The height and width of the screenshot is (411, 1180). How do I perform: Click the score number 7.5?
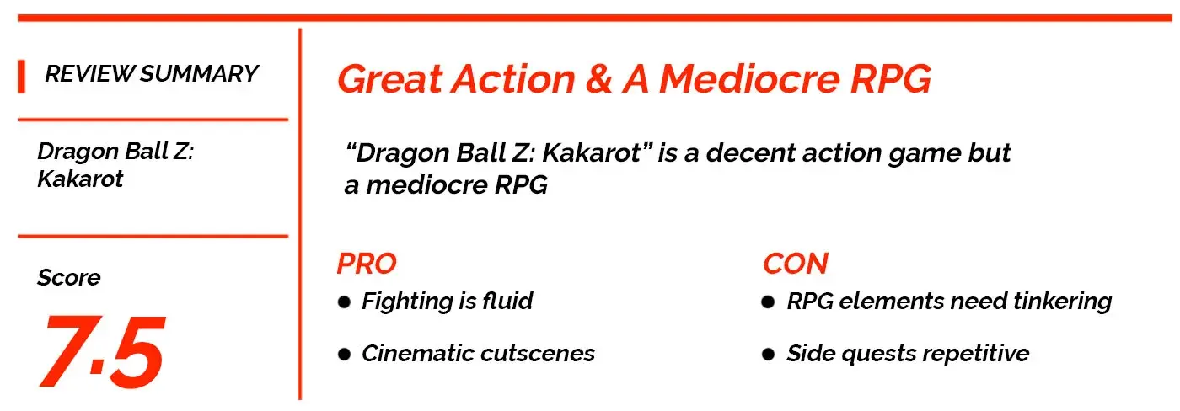click(x=103, y=351)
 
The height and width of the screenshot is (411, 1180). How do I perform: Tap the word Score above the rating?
click(x=69, y=277)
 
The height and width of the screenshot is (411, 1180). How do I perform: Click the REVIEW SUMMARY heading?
click(x=152, y=73)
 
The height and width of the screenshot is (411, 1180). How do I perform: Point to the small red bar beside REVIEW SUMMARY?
click(x=21, y=77)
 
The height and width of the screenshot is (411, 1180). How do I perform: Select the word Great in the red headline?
click(x=390, y=79)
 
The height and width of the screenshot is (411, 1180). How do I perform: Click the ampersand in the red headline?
click(x=598, y=79)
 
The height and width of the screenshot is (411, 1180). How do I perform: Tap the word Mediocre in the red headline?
click(x=749, y=79)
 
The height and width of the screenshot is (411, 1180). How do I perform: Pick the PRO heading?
click(x=367, y=264)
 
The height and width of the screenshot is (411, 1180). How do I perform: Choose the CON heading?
click(x=796, y=264)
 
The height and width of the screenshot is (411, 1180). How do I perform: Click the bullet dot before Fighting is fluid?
click(x=344, y=302)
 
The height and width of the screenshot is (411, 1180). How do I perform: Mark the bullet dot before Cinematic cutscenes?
click(x=344, y=355)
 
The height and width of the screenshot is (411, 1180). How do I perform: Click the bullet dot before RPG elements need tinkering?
click(x=768, y=302)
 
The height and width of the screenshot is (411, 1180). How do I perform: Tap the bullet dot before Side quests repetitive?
click(x=768, y=355)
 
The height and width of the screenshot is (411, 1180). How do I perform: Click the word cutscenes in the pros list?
click(x=538, y=354)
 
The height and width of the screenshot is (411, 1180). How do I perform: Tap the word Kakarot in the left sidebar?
click(x=80, y=179)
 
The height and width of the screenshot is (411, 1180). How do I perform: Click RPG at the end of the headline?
click(x=891, y=79)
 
